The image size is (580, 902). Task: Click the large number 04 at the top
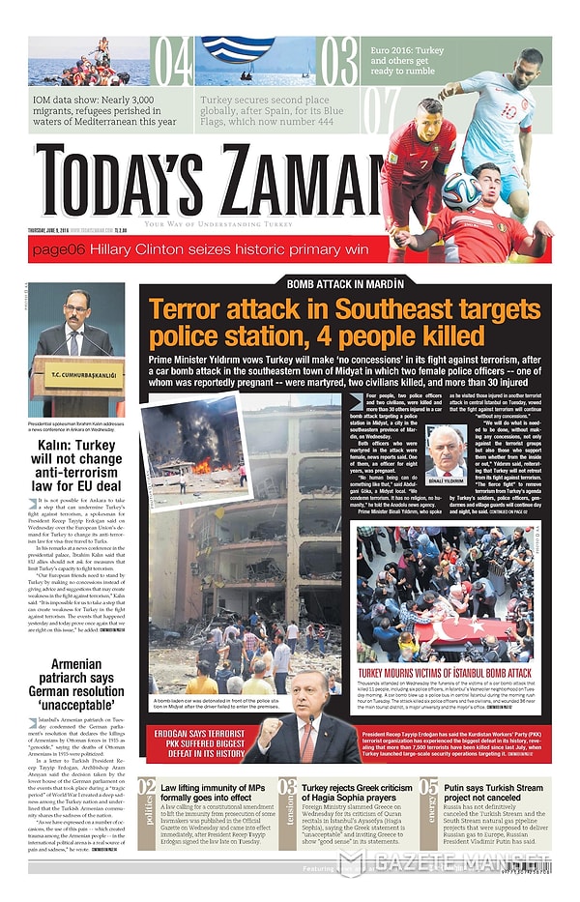pyautogui.click(x=174, y=63)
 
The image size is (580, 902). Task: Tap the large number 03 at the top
pyautogui.click(x=338, y=63)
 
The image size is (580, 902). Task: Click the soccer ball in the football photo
pyautogui.click(x=462, y=190)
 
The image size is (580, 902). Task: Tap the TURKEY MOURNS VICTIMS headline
pyautogui.click(x=445, y=673)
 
